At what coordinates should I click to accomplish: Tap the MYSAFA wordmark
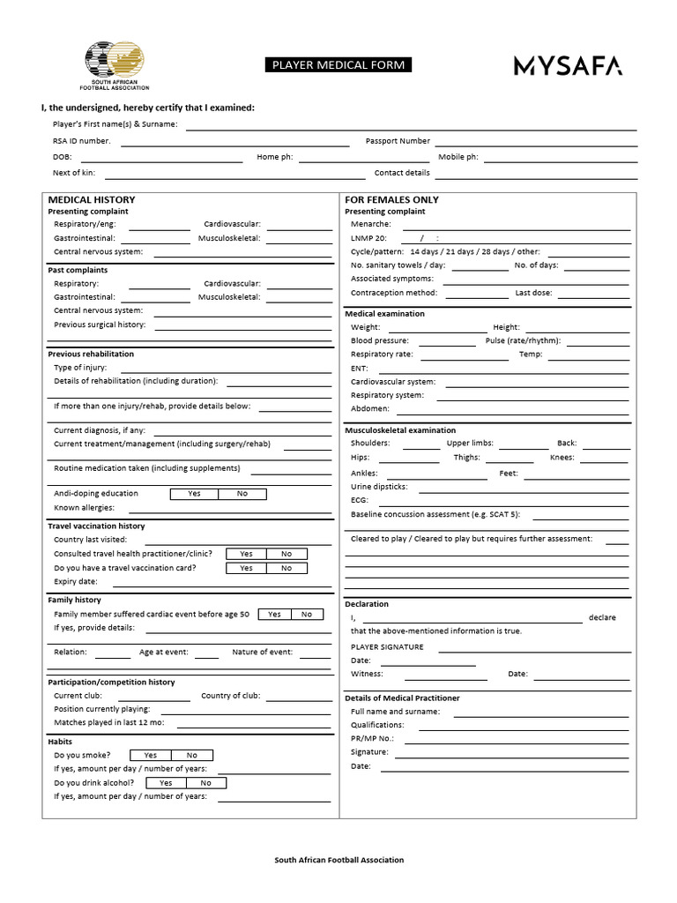click(x=568, y=65)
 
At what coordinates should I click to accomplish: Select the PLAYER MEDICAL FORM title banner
click(x=338, y=65)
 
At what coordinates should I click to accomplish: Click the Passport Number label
click(x=398, y=141)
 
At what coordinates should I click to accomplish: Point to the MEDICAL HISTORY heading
click(x=92, y=199)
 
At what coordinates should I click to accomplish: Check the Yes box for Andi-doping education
click(x=194, y=494)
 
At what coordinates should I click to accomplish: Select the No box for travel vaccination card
click(x=286, y=568)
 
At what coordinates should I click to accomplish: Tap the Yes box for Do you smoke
click(x=151, y=755)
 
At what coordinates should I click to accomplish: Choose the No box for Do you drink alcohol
click(x=205, y=783)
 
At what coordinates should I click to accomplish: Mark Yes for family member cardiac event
click(x=274, y=614)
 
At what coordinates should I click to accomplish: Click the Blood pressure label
click(x=380, y=340)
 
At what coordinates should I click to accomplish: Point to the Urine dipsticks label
click(x=379, y=486)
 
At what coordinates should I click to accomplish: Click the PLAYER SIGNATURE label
click(x=387, y=646)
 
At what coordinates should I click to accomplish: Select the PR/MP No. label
click(x=372, y=738)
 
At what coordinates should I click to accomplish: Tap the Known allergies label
click(x=84, y=508)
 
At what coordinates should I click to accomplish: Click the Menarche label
click(x=370, y=224)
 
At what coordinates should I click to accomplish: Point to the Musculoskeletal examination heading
click(x=400, y=430)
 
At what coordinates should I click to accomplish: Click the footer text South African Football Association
click(x=338, y=860)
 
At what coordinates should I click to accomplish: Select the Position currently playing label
click(x=102, y=709)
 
